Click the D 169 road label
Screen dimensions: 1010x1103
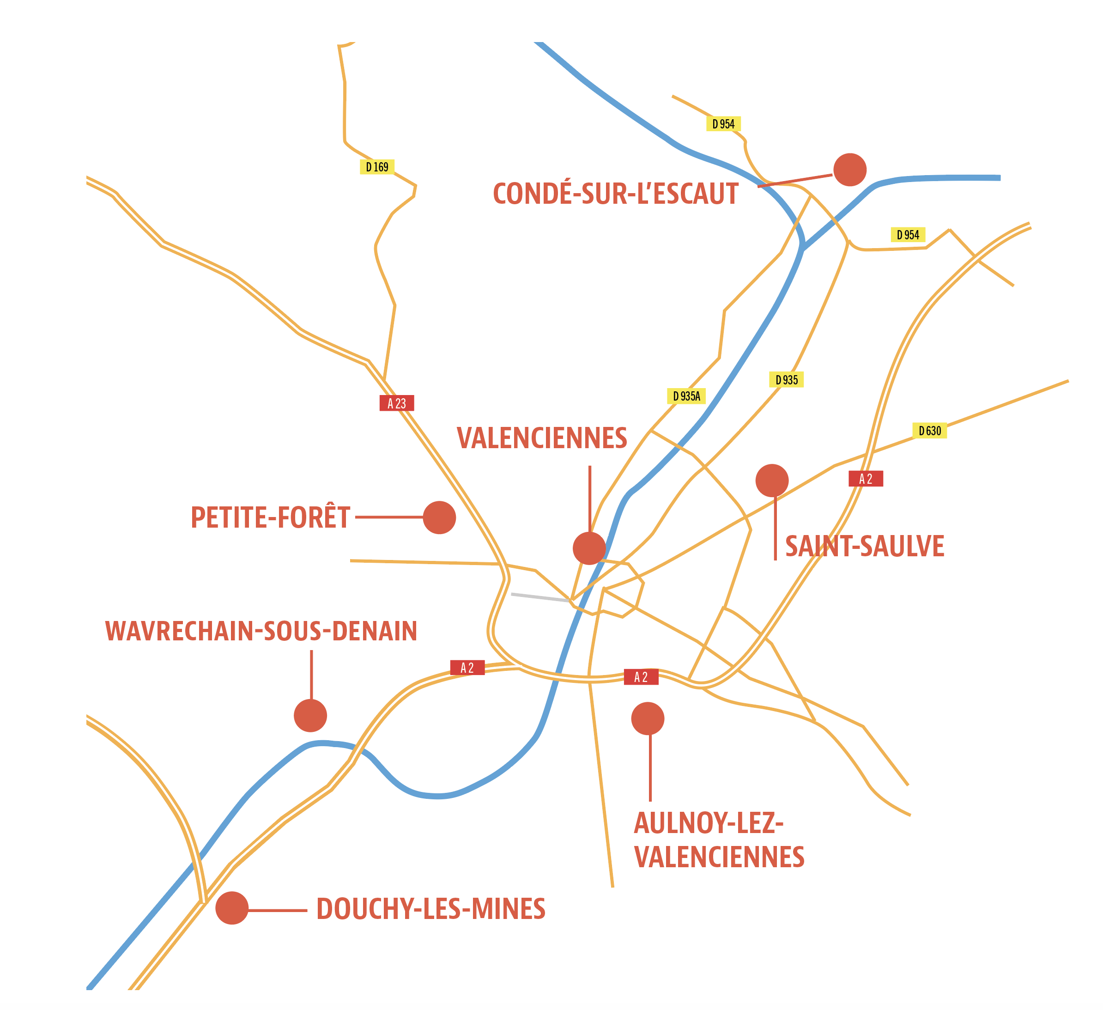[377, 167]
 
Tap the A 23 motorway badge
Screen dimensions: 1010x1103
[397, 403]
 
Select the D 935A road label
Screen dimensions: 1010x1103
[686, 396]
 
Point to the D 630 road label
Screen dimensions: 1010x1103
[930, 431]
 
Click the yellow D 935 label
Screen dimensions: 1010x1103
[786, 380]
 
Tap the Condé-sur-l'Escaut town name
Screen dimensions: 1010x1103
[616, 195]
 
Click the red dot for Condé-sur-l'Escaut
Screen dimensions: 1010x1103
[850, 170]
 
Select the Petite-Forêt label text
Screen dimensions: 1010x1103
[270, 518]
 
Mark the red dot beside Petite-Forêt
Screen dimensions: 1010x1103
[439, 517]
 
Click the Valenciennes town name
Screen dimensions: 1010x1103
[542, 438]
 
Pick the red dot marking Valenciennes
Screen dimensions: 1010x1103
[589, 548]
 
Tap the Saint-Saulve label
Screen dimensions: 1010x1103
[865, 546]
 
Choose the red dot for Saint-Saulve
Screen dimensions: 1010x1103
[772, 481]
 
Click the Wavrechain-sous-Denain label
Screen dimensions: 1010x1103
[261, 631]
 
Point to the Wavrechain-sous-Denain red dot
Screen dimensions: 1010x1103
[310, 716]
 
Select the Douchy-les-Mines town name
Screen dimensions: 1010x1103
[430, 909]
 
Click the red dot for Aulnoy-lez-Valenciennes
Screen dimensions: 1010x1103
[648, 719]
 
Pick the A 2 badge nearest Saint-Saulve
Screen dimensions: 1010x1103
[866, 479]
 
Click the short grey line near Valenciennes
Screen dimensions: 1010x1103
[539, 597]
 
